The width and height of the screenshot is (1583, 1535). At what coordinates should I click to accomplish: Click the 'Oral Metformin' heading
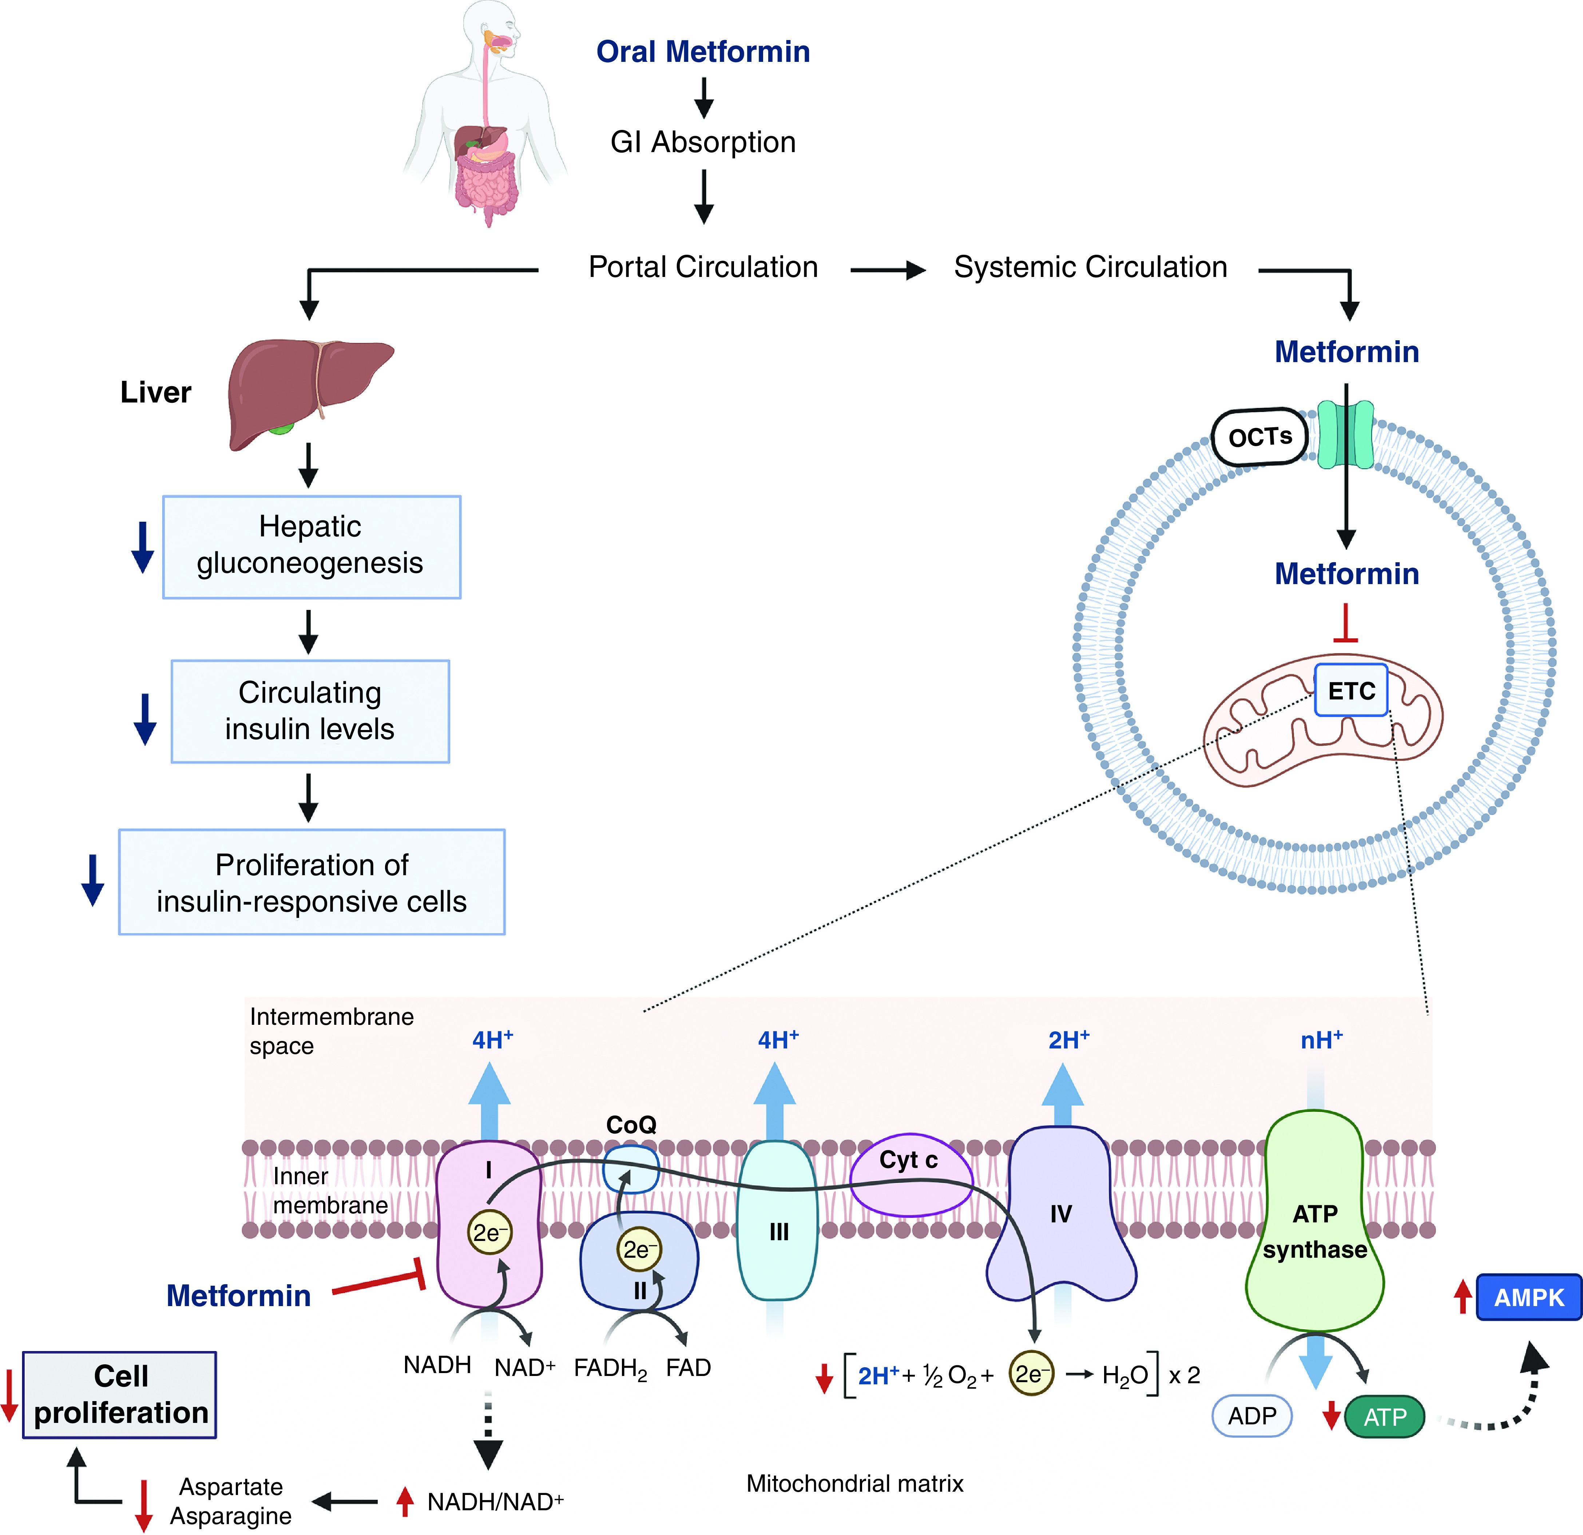point(703,52)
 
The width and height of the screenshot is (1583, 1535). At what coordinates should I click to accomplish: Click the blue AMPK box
point(1528,1297)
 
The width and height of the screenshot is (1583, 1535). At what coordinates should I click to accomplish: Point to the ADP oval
point(1252,1416)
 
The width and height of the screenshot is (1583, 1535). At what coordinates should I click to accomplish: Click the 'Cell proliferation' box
point(119,1395)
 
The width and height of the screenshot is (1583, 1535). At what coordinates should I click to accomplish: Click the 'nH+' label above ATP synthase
point(1321,1040)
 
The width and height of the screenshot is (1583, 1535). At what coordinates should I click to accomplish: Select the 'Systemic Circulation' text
point(1090,267)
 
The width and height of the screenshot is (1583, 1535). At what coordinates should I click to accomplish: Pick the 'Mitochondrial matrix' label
point(854,1483)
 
